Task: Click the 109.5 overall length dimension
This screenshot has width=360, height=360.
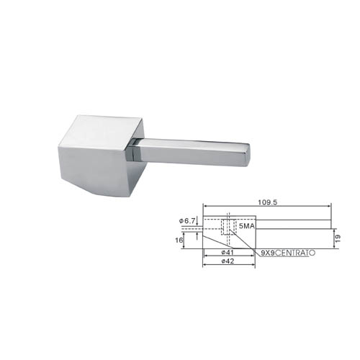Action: click(x=267, y=202)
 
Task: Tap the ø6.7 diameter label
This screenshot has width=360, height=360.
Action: click(x=187, y=221)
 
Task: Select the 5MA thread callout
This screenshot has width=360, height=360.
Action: click(x=247, y=226)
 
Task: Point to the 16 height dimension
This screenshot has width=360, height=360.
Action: click(x=179, y=240)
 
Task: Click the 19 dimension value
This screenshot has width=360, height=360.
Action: click(x=338, y=238)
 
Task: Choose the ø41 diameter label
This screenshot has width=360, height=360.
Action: click(x=228, y=253)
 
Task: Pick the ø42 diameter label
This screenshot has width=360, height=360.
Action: click(x=228, y=261)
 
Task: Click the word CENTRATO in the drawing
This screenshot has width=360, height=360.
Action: click(x=295, y=253)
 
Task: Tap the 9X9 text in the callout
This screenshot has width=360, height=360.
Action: click(x=268, y=253)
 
